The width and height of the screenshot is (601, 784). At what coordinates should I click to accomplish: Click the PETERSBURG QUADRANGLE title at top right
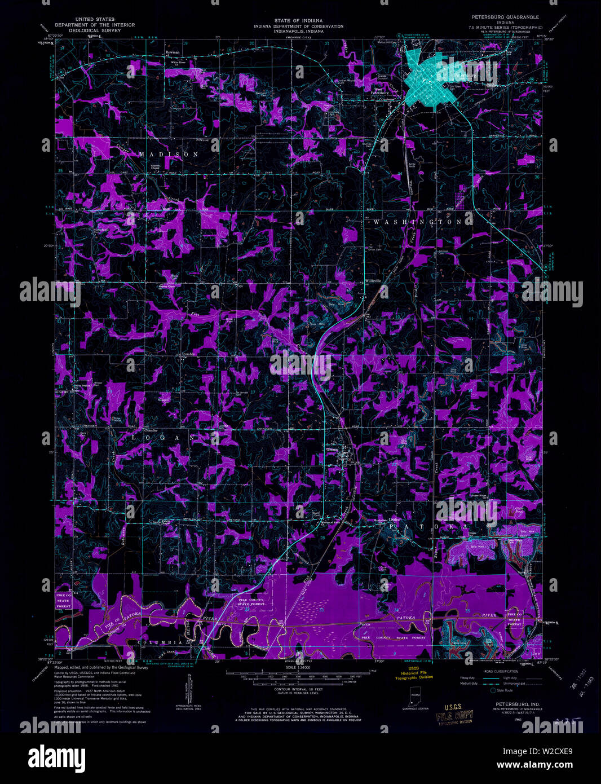[505, 17]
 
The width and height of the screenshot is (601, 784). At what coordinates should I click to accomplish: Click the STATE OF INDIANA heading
[298, 21]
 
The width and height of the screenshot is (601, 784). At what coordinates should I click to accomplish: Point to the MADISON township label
[169, 154]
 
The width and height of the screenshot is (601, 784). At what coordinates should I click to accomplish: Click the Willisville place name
[373, 280]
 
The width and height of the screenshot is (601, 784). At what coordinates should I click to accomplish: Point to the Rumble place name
[187, 354]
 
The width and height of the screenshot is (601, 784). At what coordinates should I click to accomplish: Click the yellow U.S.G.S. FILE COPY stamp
[454, 715]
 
